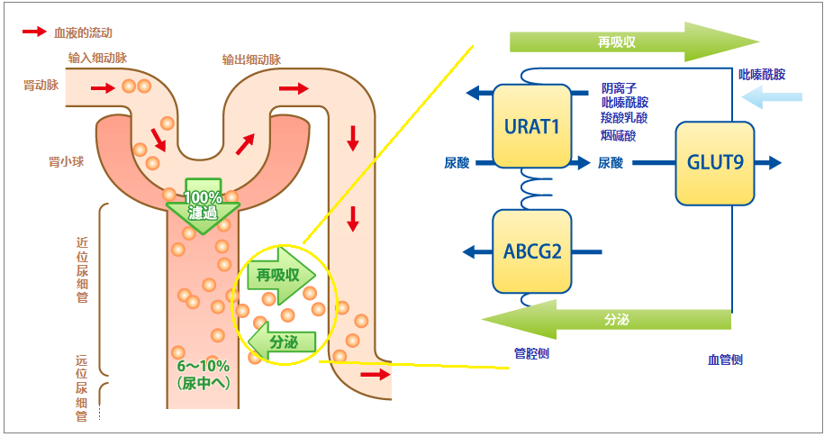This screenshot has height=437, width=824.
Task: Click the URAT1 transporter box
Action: tap(532, 126)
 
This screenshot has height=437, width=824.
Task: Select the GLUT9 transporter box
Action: tap(715, 163)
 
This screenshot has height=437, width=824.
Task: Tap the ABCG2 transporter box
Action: tap(532, 251)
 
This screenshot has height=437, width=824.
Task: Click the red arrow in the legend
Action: tap(35, 32)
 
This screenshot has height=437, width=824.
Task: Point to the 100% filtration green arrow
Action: tap(203, 206)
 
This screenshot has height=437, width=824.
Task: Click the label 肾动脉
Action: tap(41, 86)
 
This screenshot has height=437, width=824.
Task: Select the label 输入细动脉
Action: tap(97, 58)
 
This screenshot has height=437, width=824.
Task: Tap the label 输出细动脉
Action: tap(251, 60)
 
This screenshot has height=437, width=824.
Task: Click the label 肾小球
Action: tap(67, 161)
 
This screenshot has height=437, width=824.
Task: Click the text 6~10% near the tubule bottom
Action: tap(203, 366)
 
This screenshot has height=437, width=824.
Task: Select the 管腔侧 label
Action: tap(531, 353)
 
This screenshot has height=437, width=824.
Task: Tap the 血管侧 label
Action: tap(725, 360)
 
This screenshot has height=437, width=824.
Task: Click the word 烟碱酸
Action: tap(619, 136)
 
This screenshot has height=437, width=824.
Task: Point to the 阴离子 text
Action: tap(619, 87)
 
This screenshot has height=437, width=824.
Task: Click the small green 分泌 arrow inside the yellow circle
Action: tap(282, 342)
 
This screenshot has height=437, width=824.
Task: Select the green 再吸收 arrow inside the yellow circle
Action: tap(281, 275)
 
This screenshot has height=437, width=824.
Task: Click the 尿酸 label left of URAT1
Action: tap(457, 163)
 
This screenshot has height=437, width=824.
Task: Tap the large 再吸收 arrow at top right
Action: tap(634, 42)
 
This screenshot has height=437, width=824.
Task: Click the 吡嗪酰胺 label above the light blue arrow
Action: tap(762, 75)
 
